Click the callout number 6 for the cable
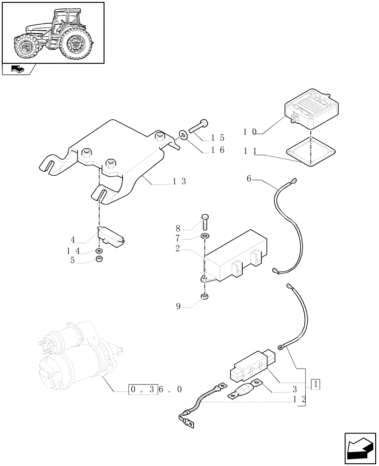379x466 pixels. [x=249, y=178]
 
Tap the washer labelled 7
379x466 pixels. [x=204, y=237]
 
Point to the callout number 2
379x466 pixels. [x=178, y=249]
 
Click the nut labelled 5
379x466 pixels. [x=98, y=260]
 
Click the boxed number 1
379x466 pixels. [x=316, y=384]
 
